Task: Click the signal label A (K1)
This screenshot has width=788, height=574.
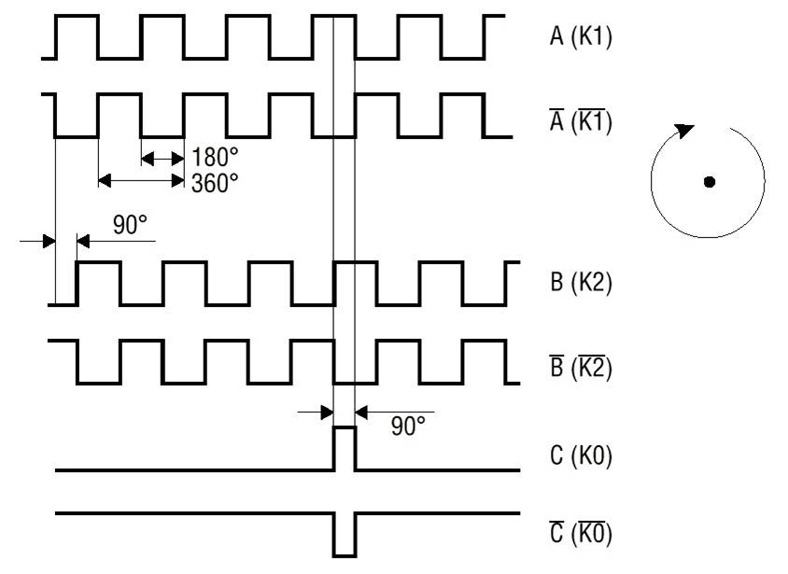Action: pyautogui.click(x=580, y=38)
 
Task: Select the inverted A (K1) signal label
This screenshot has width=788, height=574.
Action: pyautogui.click(x=580, y=122)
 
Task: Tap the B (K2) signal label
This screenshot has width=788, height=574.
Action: pyautogui.click(x=580, y=283)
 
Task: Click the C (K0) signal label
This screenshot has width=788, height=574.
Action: pyautogui.click(x=580, y=457)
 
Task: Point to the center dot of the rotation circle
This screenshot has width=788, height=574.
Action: pyautogui.click(x=710, y=182)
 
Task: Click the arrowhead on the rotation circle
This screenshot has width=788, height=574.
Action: pyautogui.click(x=685, y=131)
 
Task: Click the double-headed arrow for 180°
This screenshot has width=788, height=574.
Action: pyautogui.click(x=163, y=159)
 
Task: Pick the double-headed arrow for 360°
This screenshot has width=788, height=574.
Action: pyautogui.click(x=142, y=179)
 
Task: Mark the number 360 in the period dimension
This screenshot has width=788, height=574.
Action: pyautogui.click(x=209, y=182)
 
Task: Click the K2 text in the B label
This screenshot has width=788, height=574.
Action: pyautogui.click(x=594, y=283)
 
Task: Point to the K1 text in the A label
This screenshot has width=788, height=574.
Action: pyautogui.click(x=594, y=38)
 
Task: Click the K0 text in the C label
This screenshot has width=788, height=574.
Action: pyautogui.click(x=594, y=457)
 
